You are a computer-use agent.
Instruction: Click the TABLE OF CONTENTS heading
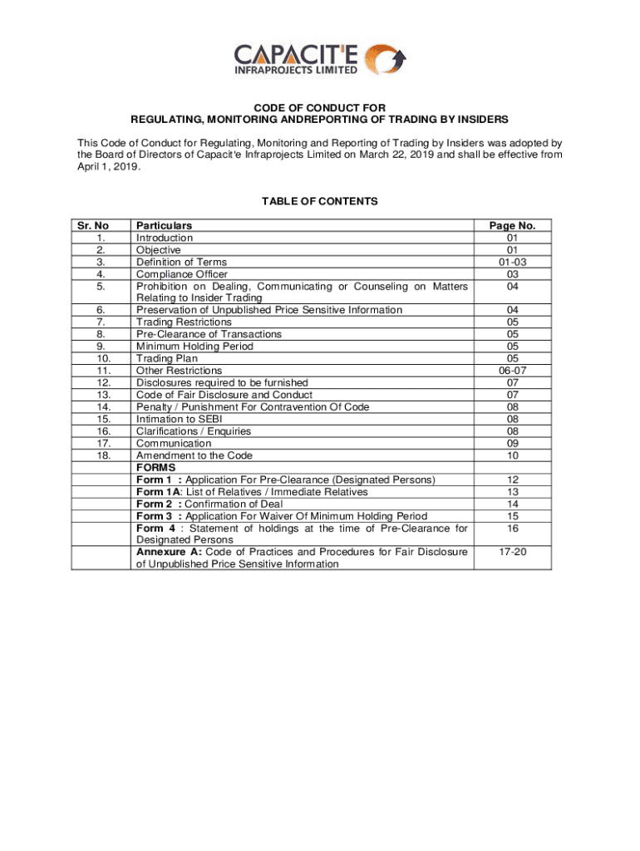click(320, 201)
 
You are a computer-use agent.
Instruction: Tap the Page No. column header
click(513, 225)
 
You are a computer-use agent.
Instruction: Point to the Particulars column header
click(164, 225)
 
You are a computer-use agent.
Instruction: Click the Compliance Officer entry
click(181, 273)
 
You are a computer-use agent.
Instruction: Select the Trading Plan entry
click(167, 358)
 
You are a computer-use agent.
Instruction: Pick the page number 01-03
click(513, 262)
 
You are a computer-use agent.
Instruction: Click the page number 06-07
click(513, 371)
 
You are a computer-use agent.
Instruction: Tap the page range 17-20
click(513, 552)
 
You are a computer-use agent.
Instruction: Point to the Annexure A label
click(169, 552)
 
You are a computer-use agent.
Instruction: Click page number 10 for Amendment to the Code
click(513, 455)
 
